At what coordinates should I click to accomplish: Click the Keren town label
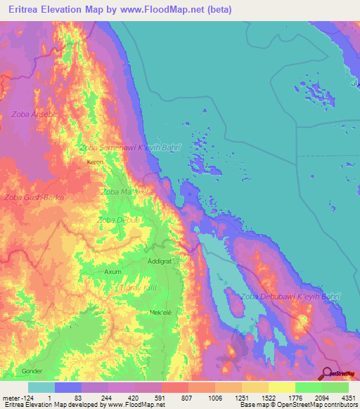[x=94, y=162]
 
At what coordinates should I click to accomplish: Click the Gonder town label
[x=32, y=370]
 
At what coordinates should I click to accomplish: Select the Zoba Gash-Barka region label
[x=34, y=197]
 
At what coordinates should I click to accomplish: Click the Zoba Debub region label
[x=115, y=220]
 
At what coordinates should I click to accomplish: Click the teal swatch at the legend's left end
[x=41, y=387]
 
